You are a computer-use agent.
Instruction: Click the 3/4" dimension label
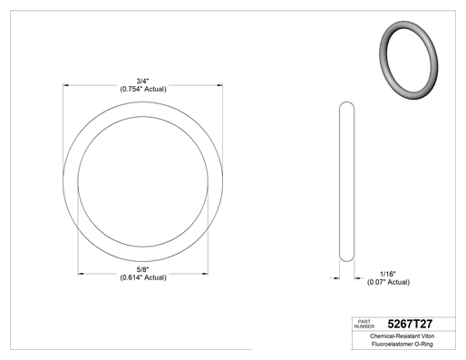142,81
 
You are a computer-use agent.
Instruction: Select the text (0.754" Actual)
143,89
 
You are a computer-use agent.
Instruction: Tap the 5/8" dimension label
142,269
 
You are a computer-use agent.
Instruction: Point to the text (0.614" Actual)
143,277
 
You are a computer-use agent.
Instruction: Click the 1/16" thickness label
388,274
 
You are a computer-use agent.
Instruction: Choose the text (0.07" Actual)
388,282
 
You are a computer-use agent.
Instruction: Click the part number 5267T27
410,324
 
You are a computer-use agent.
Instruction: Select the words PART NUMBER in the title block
364,324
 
